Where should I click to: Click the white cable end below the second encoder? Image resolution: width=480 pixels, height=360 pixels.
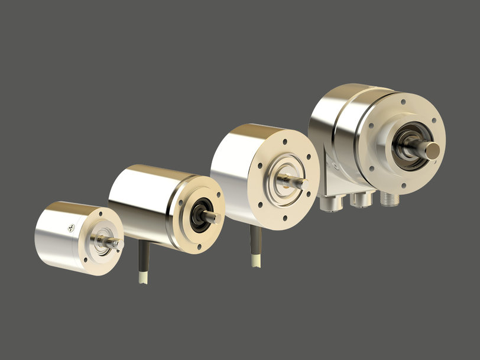tap(144, 277)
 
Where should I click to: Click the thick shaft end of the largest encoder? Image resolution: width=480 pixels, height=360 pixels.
tap(433, 150)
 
